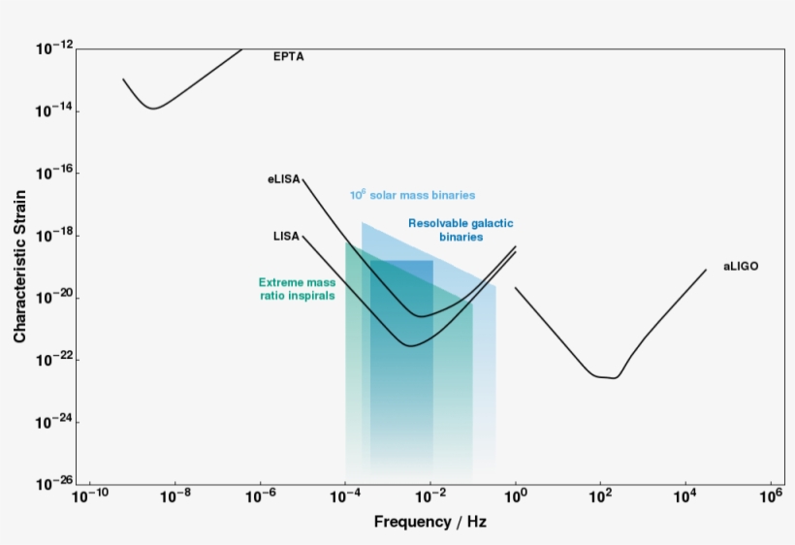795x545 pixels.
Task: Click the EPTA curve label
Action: pyautogui.click(x=288, y=56)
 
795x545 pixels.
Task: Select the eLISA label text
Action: pyautogui.click(x=284, y=179)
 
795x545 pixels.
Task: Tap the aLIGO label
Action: pyautogui.click(x=741, y=266)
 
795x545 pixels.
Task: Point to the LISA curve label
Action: pyautogui.click(x=286, y=236)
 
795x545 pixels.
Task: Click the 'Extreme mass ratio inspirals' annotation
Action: pyautogui.click(x=297, y=289)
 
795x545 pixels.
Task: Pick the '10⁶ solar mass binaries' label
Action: pyautogui.click(x=412, y=195)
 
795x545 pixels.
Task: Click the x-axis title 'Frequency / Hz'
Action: pyautogui.click(x=430, y=522)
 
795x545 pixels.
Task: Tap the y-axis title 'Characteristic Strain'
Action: pyautogui.click(x=19, y=266)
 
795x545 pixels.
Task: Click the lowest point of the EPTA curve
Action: pyautogui.click(x=153, y=109)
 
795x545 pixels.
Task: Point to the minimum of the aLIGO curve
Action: pyautogui.click(x=612, y=377)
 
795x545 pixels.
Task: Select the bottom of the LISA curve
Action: pyautogui.click(x=410, y=345)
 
